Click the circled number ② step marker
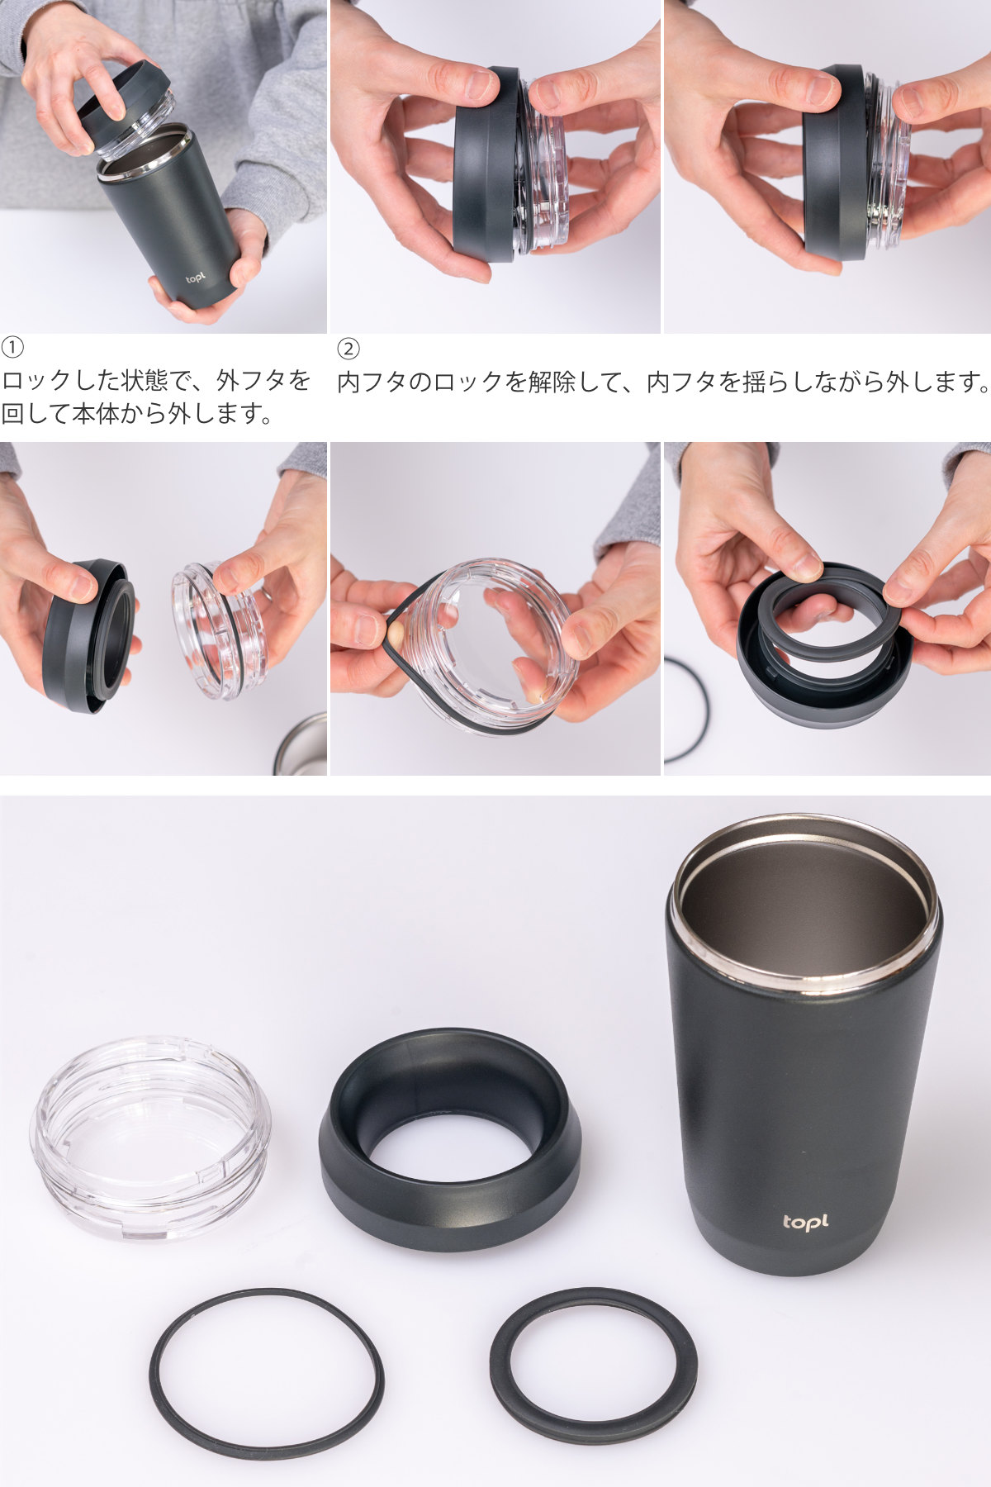[349, 348]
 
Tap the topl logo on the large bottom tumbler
[804, 1221]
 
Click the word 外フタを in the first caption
[263, 381]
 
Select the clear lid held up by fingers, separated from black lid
[219, 632]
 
